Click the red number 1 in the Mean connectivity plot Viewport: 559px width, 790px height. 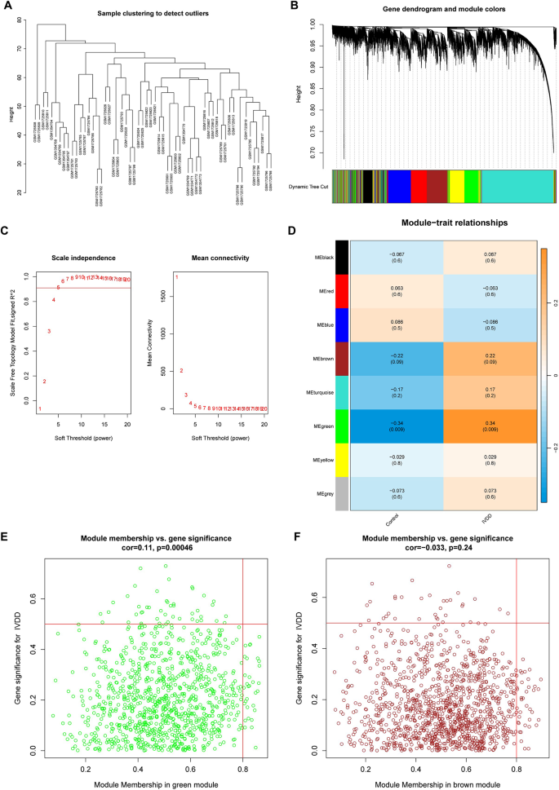pos(177,278)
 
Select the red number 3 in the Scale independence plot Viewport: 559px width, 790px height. pos(49,331)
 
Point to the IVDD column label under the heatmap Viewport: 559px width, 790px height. pos(489,515)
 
